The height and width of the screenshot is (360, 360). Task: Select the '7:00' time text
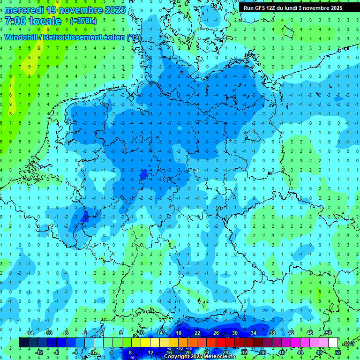click(15, 21)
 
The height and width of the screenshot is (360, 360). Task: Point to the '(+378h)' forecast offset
click(84, 21)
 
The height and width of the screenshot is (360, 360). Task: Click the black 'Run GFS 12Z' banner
click(293, 8)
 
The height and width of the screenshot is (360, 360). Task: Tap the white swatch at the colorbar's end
click(333, 343)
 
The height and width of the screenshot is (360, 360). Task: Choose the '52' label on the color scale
click(338, 352)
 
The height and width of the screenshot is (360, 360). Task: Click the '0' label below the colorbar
click(93, 352)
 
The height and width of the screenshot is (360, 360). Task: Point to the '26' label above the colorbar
click(216, 333)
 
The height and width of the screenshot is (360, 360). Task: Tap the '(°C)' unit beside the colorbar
click(348, 343)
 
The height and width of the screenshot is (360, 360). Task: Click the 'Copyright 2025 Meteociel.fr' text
click(199, 357)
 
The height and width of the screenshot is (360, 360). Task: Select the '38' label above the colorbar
click(272, 333)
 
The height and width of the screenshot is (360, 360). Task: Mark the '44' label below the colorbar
click(300, 352)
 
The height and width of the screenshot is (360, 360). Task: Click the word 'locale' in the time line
click(45, 21)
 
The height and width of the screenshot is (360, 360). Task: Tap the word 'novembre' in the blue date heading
click(82, 10)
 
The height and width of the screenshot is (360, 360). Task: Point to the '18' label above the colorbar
click(179, 333)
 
